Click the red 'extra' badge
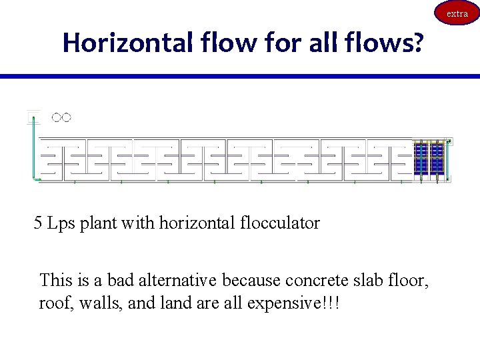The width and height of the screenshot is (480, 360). [x=457, y=13]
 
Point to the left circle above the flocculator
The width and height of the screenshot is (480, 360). [x=57, y=118]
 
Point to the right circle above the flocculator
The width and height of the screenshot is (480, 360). [x=66, y=118]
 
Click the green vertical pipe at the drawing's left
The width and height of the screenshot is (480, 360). [x=31, y=150]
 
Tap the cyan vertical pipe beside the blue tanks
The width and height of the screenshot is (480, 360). [x=449, y=160]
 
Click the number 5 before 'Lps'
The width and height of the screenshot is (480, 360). [x=39, y=223]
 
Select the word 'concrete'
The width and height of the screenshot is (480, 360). [x=315, y=281]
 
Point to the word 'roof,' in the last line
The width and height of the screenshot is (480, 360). [x=55, y=304]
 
